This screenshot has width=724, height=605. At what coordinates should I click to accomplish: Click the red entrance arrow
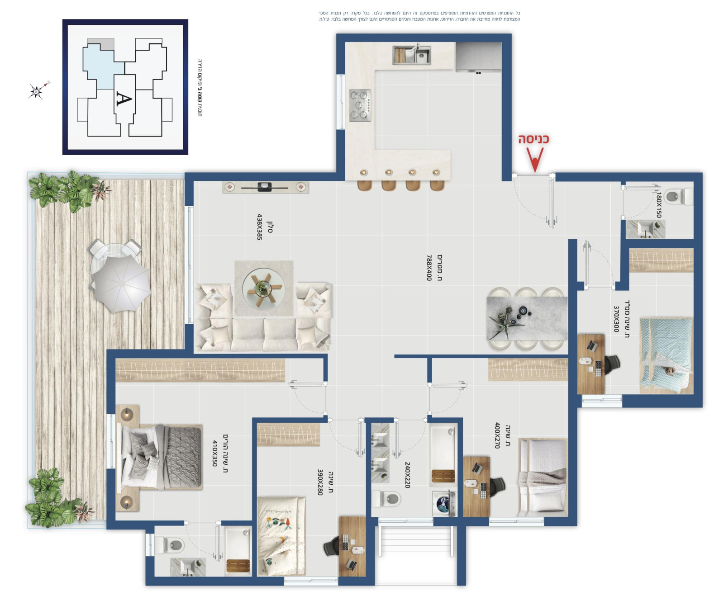pyautogui.click(x=535, y=161)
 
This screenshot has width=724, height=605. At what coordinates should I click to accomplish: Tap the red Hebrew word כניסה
pyautogui.click(x=533, y=139)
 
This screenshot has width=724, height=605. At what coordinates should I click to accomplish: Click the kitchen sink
pyautogui.click(x=411, y=55)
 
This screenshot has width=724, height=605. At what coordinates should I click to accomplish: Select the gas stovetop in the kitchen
pyautogui.click(x=360, y=105)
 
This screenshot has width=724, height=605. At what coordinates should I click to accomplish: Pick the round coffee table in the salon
pyautogui.click(x=263, y=288)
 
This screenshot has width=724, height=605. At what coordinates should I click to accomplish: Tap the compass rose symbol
pyautogui.click(x=36, y=91)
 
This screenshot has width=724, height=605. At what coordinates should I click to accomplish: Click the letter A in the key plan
pyautogui.click(x=124, y=99)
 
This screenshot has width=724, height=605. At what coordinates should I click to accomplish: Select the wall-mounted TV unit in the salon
pyautogui.click(x=265, y=187)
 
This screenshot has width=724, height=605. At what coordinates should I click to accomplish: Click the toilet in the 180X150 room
pyautogui.click(x=678, y=197)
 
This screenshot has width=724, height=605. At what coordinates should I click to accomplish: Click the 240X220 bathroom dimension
pyautogui.click(x=407, y=475)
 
